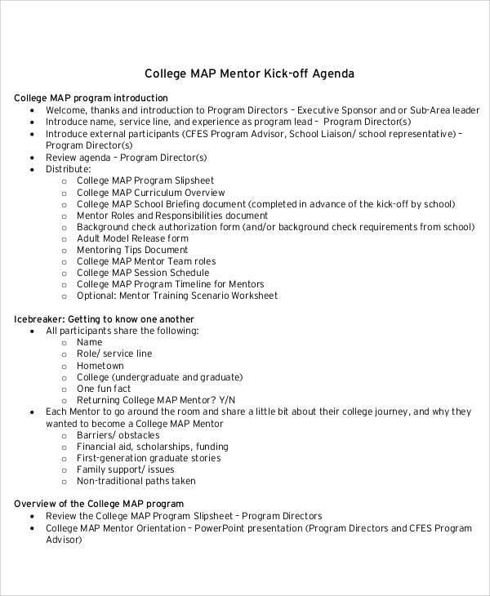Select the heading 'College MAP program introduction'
click(85, 98)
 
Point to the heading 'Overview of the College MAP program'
click(99, 504)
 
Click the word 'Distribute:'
click(68, 169)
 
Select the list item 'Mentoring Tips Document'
click(132, 250)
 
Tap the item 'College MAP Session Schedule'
click(143, 273)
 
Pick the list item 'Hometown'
click(100, 366)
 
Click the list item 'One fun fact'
click(104, 389)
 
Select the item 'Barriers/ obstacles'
click(118, 435)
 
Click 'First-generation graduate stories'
click(149, 458)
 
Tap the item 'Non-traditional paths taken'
click(138, 481)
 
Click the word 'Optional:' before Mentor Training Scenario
click(96, 296)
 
